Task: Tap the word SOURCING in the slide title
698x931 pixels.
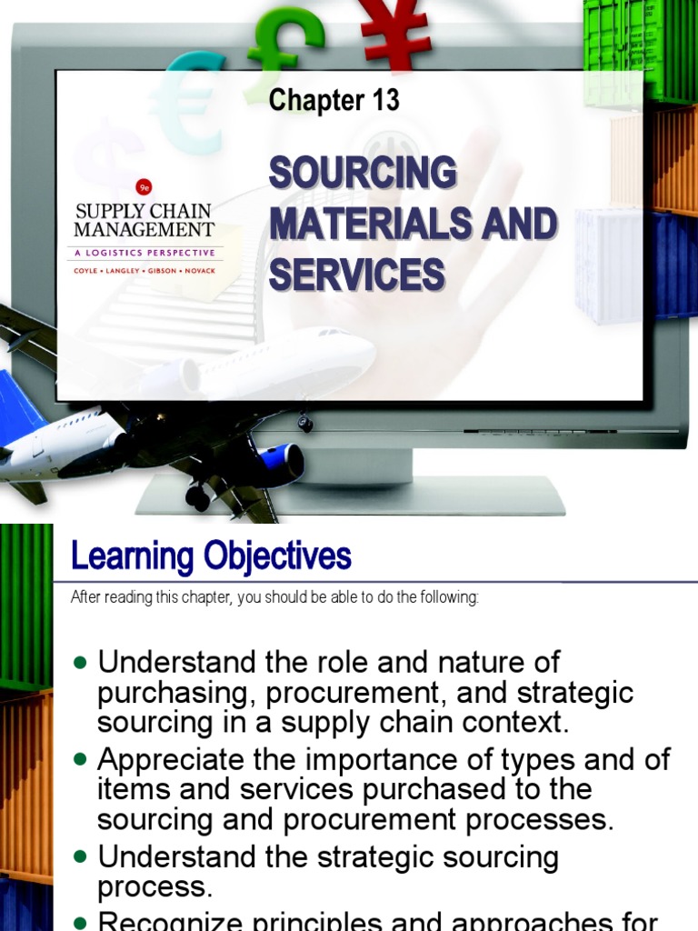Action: (363, 173)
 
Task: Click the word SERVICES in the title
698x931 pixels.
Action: (356, 274)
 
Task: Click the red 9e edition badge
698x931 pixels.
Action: (144, 187)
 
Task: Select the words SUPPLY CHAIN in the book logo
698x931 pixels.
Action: (144, 212)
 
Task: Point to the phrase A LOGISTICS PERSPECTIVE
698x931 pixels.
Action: (145, 253)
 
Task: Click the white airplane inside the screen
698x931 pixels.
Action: (282, 359)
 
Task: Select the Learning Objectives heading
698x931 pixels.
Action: (211, 556)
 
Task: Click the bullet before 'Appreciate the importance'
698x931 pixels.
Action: (82, 757)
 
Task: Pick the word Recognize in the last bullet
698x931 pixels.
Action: (174, 920)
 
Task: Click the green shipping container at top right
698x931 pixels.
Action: (640, 50)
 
